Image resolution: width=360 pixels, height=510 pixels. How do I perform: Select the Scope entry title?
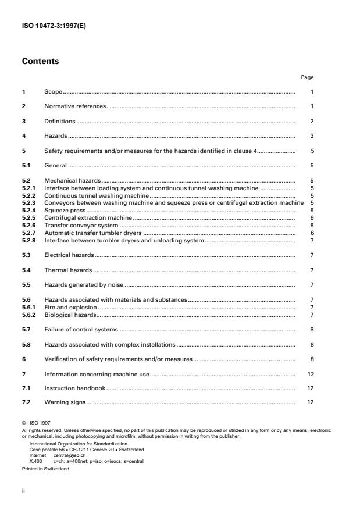(54, 92)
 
